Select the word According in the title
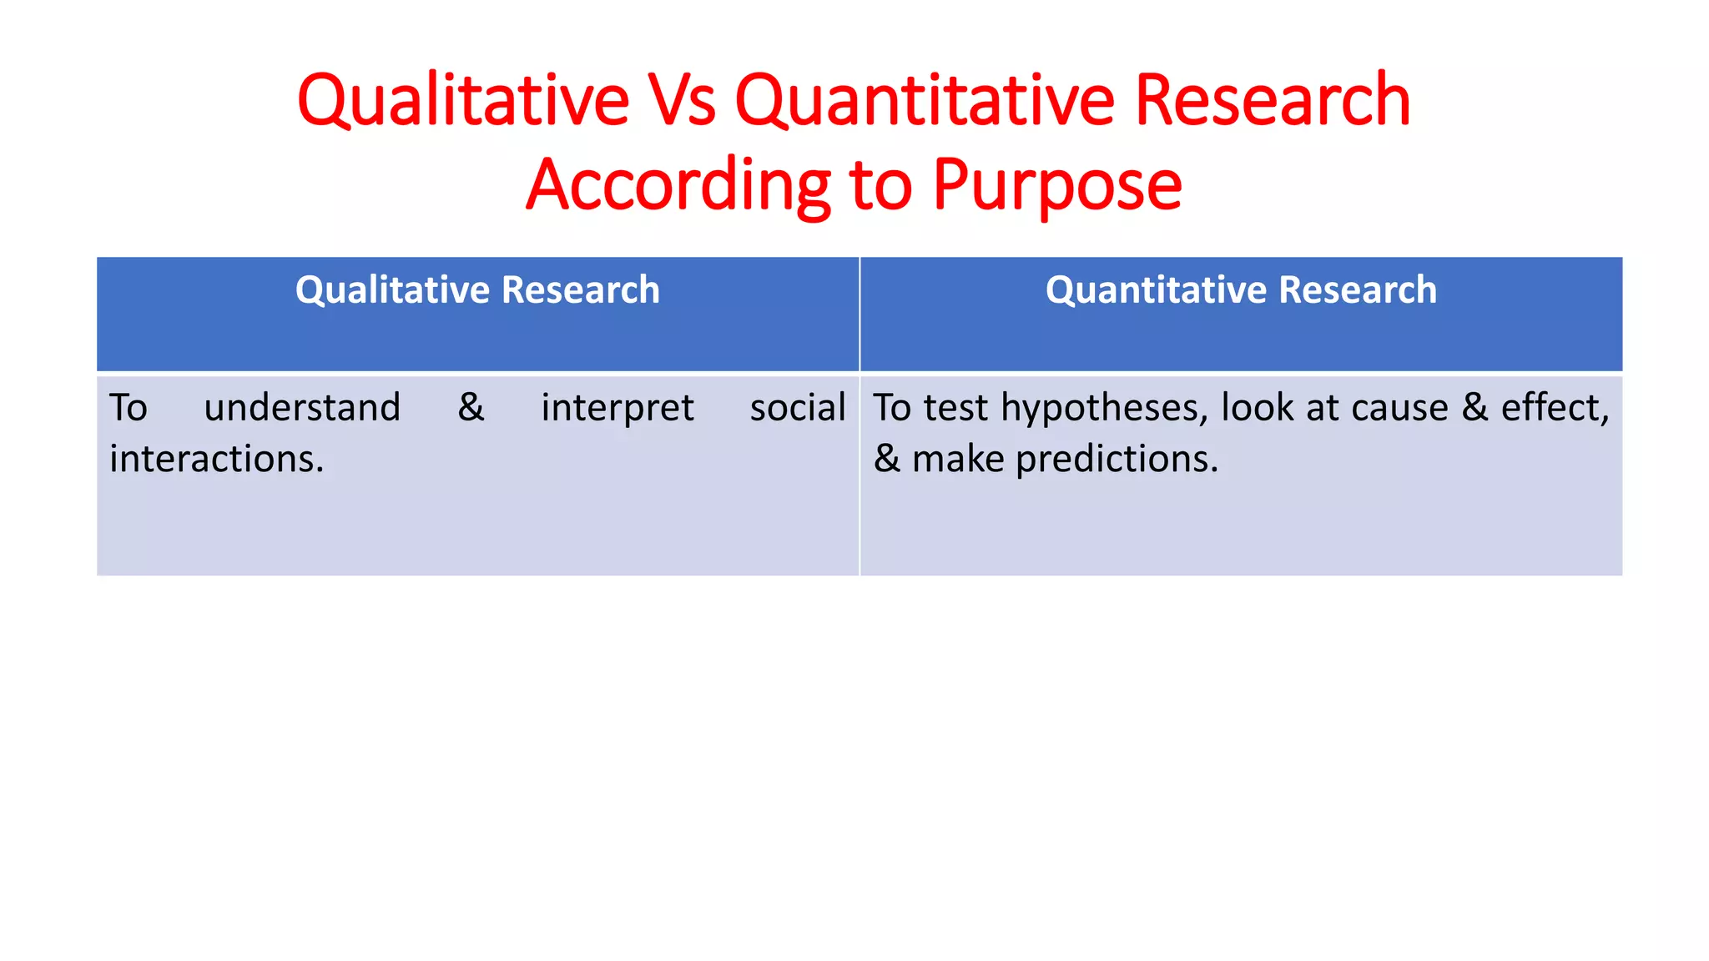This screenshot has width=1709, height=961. pyautogui.click(x=678, y=185)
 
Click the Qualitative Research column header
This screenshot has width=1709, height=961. pyautogui.click(x=477, y=290)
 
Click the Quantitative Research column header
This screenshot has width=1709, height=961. pyautogui.click(x=1241, y=290)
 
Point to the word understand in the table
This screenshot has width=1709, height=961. pyautogui.click(x=302, y=408)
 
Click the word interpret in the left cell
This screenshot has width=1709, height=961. pyautogui.click(x=617, y=408)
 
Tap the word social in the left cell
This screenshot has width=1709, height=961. pyautogui.click(x=797, y=408)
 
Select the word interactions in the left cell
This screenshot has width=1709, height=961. pyautogui.click(x=216, y=459)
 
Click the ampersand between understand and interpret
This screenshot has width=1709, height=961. pyautogui.click(x=471, y=408)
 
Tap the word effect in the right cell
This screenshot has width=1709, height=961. pyautogui.click(x=1555, y=408)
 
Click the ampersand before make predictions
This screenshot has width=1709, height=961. pyautogui.click(x=886, y=459)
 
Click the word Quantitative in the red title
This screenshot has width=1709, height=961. pyautogui.click(x=925, y=101)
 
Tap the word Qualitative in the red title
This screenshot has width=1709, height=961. pyautogui.click(x=463, y=101)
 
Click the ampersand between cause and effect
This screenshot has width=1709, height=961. pyautogui.click(x=1475, y=408)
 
